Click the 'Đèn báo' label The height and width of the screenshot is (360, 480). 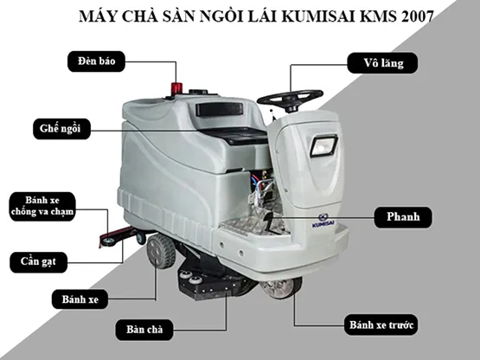[x=96, y=61]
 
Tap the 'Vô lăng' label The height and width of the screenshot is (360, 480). [x=382, y=63]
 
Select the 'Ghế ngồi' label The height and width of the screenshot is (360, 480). [x=61, y=129]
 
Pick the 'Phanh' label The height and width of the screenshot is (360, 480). [x=403, y=217]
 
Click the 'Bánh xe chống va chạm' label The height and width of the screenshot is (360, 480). [x=42, y=206]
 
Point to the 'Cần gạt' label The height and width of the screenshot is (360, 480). [x=39, y=262]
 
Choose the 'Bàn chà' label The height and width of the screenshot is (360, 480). [x=144, y=330]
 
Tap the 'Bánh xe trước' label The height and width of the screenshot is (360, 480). [x=381, y=325]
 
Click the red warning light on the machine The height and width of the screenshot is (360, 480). [x=176, y=87]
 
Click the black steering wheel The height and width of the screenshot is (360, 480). [x=290, y=99]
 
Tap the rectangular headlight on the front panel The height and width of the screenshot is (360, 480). [x=323, y=146]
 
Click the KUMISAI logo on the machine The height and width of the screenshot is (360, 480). [x=323, y=221]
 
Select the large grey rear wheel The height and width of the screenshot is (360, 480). [x=161, y=251]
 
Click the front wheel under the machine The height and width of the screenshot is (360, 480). [x=282, y=288]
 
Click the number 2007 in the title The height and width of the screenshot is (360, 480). [x=418, y=16]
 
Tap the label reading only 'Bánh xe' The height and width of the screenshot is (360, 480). [x=80, y=299]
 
